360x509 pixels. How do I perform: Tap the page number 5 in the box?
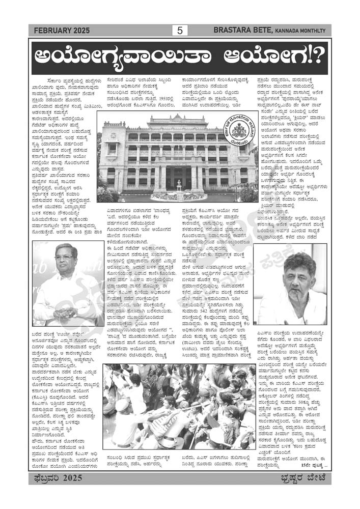(179, 31)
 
